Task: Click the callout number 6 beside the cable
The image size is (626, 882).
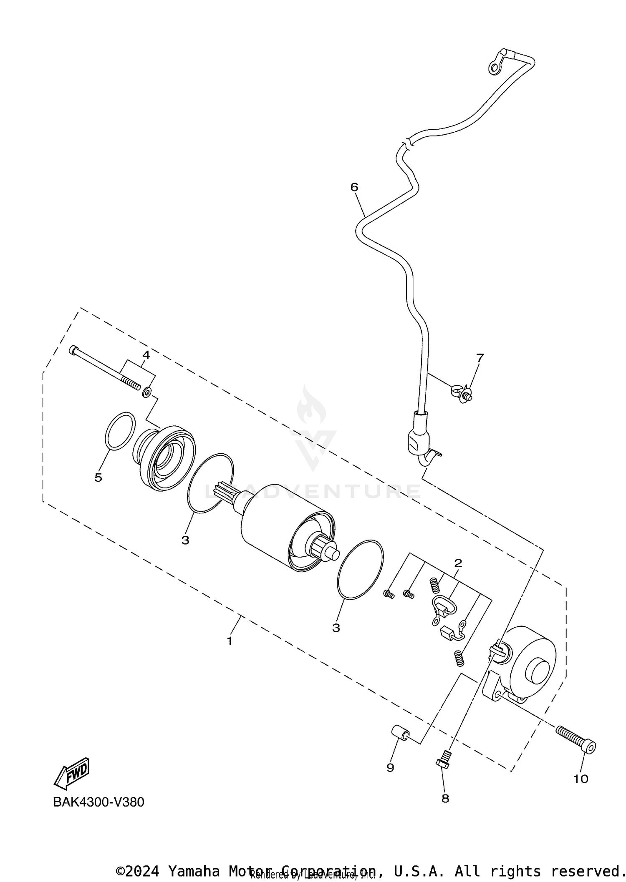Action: pos(354,187)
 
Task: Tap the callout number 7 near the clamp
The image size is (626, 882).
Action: pos(480,357)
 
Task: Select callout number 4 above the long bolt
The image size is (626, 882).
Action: pos(146,355)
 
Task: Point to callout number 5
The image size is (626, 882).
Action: pos(98,477)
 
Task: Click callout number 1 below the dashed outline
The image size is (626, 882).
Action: pos(230,641)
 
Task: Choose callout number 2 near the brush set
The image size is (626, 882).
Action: pos(458,563)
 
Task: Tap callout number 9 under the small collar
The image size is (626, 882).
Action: pos(390,768)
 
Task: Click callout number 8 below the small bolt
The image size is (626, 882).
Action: pos(445,799)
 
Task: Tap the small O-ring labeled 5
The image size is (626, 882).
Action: pos(120,431)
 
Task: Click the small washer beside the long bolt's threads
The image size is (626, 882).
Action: pos(147,392)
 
